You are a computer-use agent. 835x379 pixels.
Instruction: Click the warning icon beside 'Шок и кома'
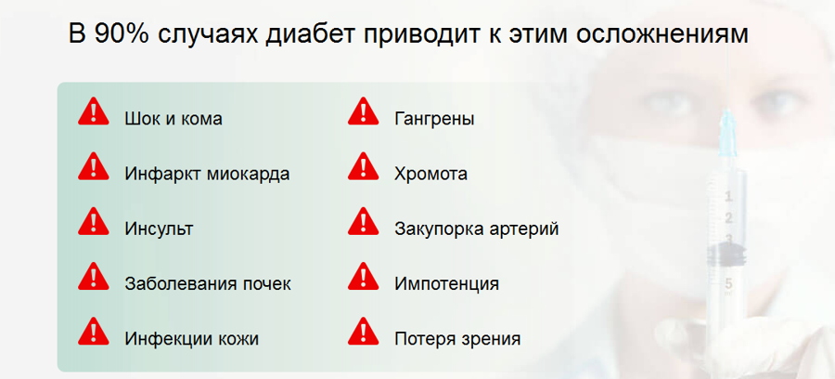click(93, 111)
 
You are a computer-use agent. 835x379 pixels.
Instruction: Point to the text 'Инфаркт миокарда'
click(207, 174)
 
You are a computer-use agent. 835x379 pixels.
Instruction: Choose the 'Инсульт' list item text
click(159, 229)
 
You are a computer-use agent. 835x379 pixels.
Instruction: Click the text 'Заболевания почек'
click(208, 283)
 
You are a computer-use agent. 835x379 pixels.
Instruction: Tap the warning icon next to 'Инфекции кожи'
click(93, 332)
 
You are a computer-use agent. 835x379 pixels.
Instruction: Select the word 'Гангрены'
click(434, 119)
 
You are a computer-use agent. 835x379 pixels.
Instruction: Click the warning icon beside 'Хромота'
click(363, 166)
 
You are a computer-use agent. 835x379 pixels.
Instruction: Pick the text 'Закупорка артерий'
click(477, 229)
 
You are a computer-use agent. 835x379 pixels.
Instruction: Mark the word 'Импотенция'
click(446, 284)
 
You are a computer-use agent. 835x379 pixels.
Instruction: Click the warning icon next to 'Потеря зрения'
click(363, 332)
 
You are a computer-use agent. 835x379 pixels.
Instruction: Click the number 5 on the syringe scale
click(728, 282)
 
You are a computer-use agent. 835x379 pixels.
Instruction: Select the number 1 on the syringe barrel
click(728, 197)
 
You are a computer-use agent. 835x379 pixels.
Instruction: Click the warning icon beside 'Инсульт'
click(93, 221)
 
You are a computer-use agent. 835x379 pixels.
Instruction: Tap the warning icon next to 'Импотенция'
click(363, 276)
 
